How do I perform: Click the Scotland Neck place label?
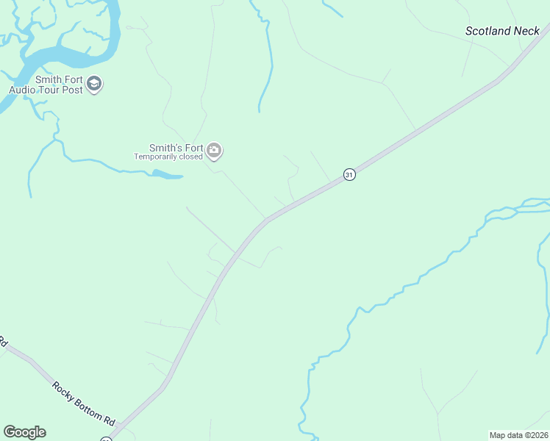[503, 31]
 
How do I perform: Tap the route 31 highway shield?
[349, 174]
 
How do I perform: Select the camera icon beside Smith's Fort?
[214, 151]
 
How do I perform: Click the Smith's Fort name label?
[176, 148]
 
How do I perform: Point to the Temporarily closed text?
[168, 157]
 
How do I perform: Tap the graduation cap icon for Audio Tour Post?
[93, 85]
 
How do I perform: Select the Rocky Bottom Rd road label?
[83, 404]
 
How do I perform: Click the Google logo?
[24, 432]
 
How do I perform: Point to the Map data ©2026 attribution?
[518, 434]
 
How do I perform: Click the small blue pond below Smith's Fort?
[166, 175]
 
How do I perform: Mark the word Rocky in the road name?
[63, 388]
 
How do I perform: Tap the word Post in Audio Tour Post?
[71, 90]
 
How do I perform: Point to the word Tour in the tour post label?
[49, 90]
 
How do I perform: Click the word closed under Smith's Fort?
[188, 157]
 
